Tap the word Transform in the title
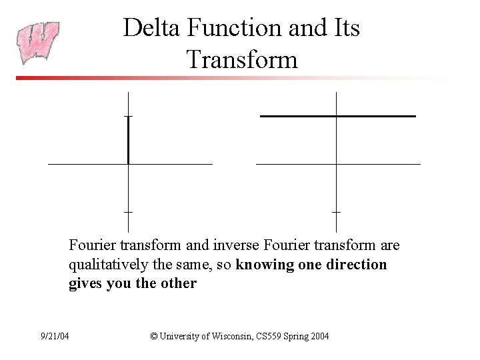point(242,59)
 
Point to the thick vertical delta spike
point(127,140)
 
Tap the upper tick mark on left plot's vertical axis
point(127,116)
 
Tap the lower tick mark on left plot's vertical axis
point(127,211)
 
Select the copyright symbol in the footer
point(155,336)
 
